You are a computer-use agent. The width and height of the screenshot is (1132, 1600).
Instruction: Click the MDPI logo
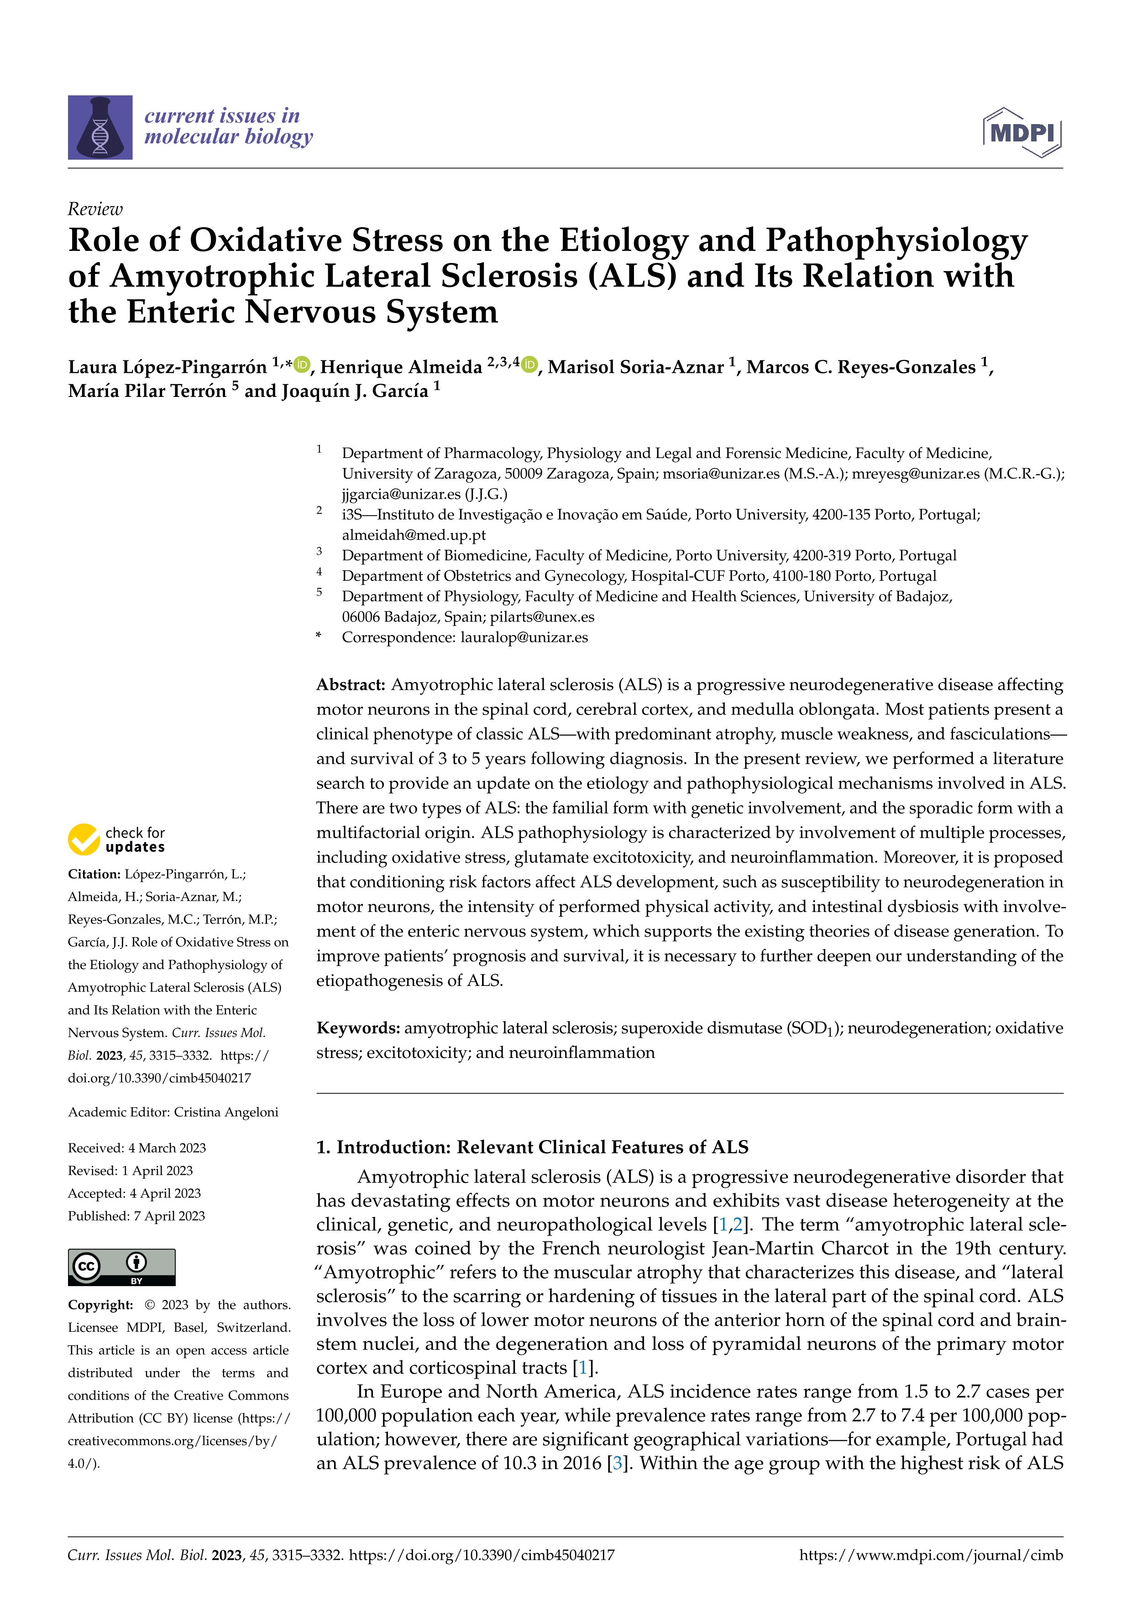point(1022,132)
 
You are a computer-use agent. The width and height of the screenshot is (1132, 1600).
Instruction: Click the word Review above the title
point(95,209)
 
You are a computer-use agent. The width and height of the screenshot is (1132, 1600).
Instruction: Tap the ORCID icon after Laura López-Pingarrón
point(302,364)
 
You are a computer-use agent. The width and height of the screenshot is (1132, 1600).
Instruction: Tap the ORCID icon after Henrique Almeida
point(530,364)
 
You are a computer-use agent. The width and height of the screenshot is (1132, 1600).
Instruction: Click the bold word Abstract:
point(351,684)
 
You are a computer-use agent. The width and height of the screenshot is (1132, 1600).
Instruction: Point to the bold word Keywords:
point(357,1028)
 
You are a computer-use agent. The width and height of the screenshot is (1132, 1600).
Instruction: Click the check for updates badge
point(116,840)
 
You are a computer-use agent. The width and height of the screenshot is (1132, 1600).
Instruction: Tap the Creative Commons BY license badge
point(121,1267)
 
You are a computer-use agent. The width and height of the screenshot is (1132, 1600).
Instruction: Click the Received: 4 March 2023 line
point(136,1148)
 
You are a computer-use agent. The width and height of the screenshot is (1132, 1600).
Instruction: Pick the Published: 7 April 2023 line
point(136,1216)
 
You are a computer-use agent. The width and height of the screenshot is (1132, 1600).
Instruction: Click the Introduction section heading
point(532,1147)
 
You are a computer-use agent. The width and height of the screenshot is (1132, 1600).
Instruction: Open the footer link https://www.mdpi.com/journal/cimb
point(931,1555)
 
